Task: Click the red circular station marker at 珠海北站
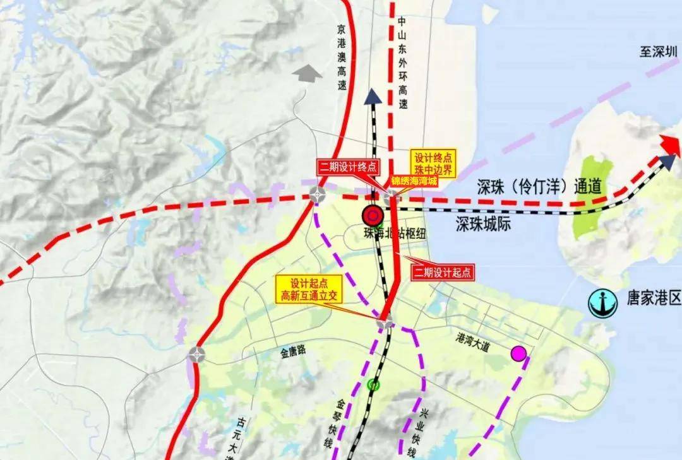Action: point(373,216)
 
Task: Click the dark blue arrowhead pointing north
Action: point(373,96)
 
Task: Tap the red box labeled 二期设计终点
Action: point(349,167)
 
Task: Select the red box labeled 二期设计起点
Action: point(442,273)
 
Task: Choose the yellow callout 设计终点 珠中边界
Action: point(433,163)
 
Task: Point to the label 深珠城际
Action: point(483,225)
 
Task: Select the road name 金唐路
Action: point(293,351)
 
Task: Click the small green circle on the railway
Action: point(374,384)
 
